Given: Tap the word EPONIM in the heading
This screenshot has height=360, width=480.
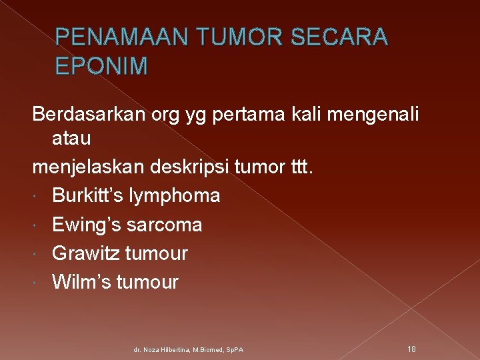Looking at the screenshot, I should (x=102, y=66).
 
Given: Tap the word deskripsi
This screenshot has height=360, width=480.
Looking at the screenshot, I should (x=199, y=167).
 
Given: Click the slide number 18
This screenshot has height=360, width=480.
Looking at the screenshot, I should (x=413, y=348).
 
